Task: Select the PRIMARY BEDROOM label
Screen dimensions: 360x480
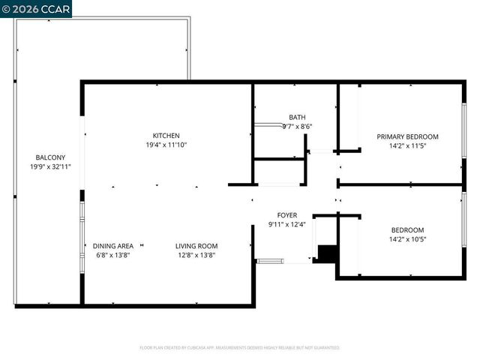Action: (407, 136)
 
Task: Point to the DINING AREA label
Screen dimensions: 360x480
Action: (113, 245)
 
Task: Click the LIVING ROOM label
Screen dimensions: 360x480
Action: (196, 245)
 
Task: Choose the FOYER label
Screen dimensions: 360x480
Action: (287, 214)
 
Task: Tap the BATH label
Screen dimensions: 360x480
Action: (297, 117)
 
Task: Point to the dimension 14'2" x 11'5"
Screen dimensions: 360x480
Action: (407, 145)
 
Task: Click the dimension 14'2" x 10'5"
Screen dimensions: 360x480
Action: (407, 239)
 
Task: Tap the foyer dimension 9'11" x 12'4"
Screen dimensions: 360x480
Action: (287, 223)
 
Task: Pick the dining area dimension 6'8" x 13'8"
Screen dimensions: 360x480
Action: (113, 255)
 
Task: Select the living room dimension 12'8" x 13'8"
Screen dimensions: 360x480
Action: (196, 255)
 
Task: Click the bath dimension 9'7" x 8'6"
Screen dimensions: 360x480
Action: (297, 127)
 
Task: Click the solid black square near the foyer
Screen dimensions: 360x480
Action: (325, 253)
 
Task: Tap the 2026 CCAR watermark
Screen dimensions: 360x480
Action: (37, 9)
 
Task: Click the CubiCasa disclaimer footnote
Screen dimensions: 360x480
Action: (240, 348)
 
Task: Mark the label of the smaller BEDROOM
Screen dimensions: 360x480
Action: (407, 230)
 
